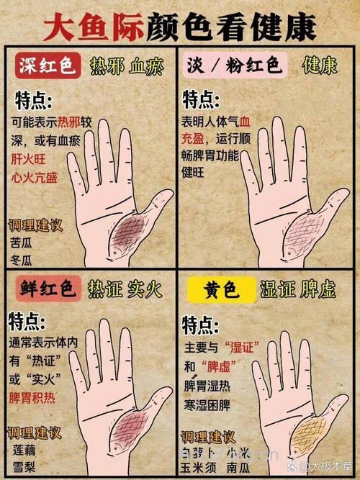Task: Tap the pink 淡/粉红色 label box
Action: tap(235, 66)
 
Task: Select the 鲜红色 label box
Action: tap(45, 290)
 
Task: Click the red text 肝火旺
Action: tap(29, 159)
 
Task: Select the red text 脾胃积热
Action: tap(35, 397)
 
